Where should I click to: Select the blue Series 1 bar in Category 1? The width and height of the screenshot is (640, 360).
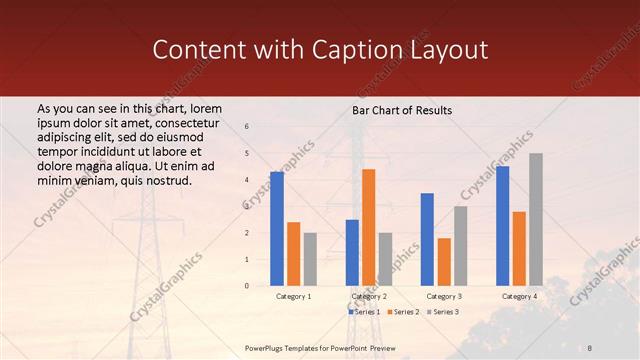[277, 229]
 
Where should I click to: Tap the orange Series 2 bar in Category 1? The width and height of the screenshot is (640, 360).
[293, 254]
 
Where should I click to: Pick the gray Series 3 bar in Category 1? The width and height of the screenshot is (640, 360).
[310, 259]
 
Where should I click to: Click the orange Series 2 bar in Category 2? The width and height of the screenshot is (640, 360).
[368, 227]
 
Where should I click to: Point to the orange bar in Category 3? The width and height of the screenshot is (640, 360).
[444, 262]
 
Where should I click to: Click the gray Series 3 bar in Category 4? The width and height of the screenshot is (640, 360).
[536, 219]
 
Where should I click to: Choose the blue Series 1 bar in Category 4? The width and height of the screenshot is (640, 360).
[502, 226]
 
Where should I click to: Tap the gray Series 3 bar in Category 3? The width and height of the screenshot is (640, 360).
[460, 246]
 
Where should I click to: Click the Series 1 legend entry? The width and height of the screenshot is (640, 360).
[364, 312]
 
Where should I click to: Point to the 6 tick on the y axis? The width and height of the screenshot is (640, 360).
[247, 127]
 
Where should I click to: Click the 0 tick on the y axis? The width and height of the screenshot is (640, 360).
[247, 286]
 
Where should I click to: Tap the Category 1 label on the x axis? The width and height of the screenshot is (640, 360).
[293, 297]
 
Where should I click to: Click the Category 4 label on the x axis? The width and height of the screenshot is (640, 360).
[518, 297]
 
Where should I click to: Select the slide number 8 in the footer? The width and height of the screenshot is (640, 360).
[590, 347]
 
